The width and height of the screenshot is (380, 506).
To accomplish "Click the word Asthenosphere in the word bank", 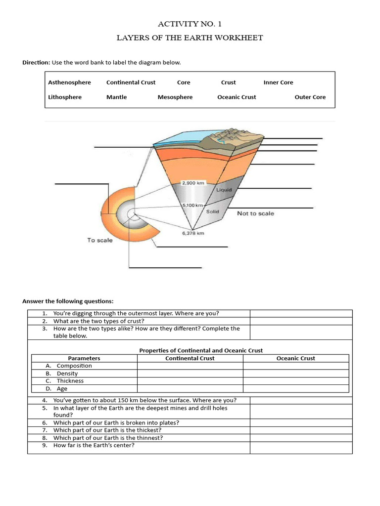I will tap(69, 83).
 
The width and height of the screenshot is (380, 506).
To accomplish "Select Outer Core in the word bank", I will tap(310, 97).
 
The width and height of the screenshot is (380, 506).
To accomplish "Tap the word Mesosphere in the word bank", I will tap(175, 97).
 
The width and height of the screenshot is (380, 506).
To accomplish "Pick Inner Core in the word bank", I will tap(278, 83).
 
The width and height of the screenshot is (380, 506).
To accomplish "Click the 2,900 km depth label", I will tap(193, 183).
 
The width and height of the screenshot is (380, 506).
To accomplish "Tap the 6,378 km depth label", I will tap(193, 233).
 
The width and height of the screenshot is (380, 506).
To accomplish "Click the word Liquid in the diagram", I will tap(223, 190).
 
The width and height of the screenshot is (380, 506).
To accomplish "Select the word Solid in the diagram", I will tap(213, 211).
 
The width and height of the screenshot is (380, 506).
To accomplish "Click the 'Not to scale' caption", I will tap(255, 213).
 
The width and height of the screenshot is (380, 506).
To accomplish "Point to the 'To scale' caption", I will tap(100, 241).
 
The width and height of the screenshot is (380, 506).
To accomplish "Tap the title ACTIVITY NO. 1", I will tap(186, 24).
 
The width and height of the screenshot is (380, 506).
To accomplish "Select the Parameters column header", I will tap(84, 358).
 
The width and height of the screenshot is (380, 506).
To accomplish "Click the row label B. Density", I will tap(67, 374).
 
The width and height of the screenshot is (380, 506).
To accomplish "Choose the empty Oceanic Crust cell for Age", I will tap(295, 389).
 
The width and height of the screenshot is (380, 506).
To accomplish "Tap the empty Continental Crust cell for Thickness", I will tap(190, 381).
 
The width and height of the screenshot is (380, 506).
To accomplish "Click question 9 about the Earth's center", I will tap(94, 445).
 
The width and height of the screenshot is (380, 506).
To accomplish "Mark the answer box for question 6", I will tap(301, 422).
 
